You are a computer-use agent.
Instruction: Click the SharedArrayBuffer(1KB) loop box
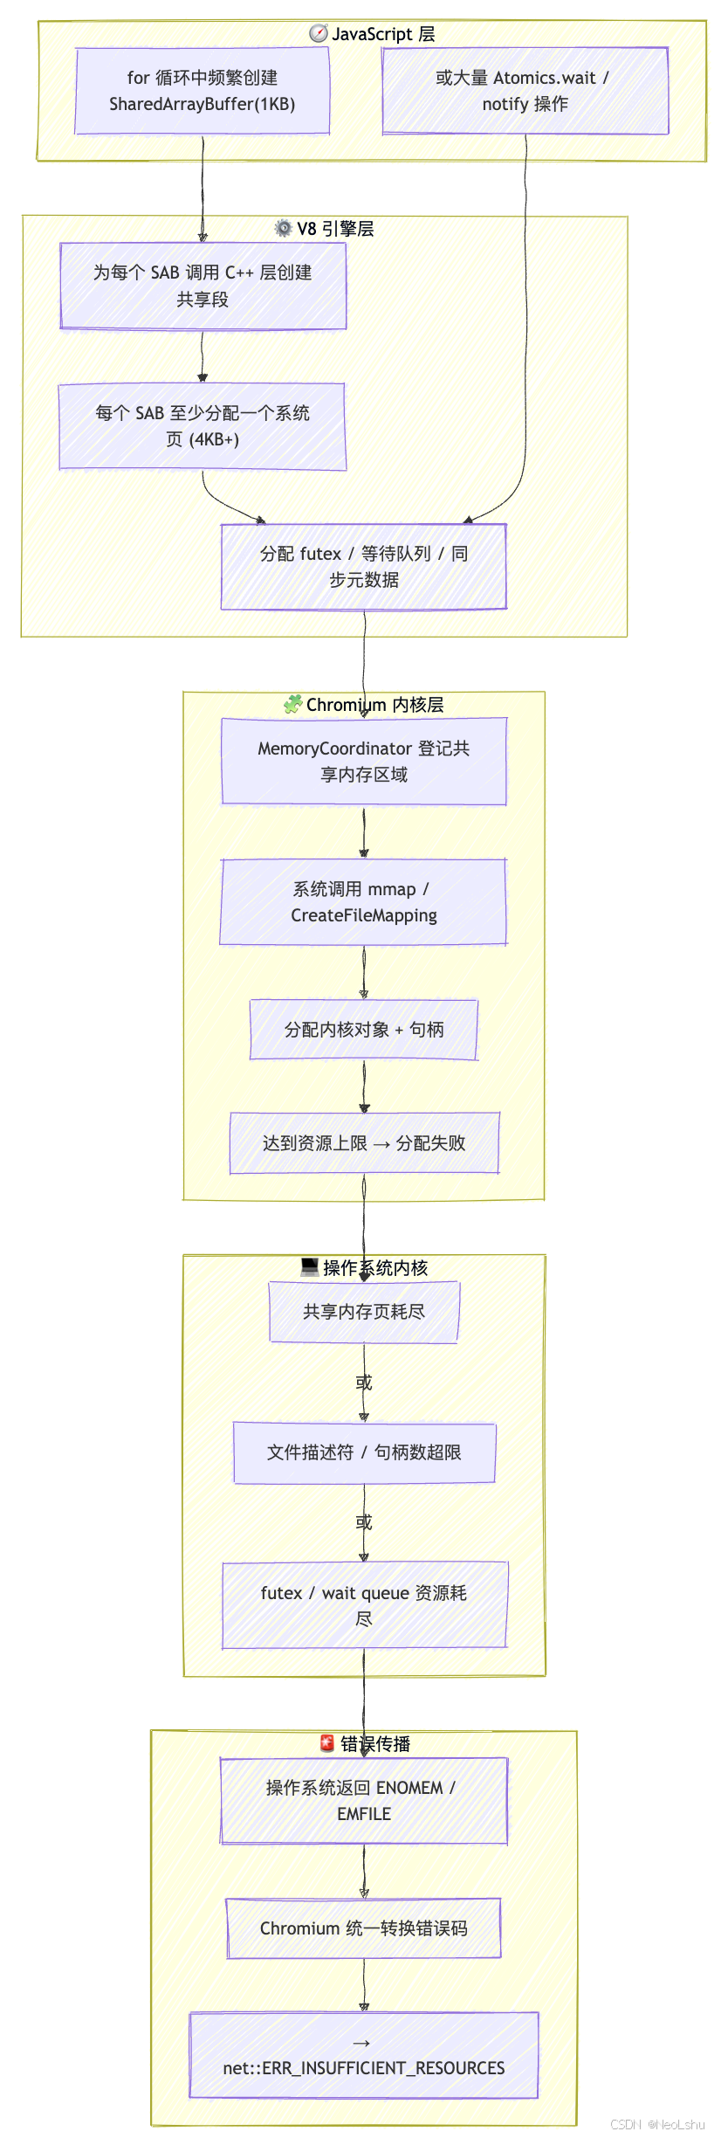point(203,91)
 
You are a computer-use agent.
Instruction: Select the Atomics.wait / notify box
point(525,91)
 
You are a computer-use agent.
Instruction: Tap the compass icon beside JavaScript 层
point(319,34)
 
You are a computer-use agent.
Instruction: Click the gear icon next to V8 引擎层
point(284,228)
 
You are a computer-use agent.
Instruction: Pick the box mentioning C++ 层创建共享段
point(203,286)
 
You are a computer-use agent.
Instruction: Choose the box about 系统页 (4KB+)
point(203,426)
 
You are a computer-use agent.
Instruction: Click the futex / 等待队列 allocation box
point(364,567)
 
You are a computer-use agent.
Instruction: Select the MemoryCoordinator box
point(364,761)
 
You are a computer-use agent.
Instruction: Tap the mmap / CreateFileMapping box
point(364,902)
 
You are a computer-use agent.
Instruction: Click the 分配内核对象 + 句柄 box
point(364,1030)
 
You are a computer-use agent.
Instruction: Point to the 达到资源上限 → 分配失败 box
point(364,1143)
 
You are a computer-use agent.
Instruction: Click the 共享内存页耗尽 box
point(364,1312)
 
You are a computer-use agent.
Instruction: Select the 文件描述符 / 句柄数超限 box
point(364,1452)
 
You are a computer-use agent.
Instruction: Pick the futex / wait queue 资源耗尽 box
point(364,1605)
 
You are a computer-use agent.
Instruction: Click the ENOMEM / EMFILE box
point(364,1801)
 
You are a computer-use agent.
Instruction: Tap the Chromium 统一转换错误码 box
point(364,1928)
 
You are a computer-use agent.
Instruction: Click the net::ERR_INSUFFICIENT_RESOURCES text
point(364,2068)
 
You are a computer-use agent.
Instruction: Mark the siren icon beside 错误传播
point(327,1743)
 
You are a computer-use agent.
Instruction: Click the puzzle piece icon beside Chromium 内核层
point(293,704)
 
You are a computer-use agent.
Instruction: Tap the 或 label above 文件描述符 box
point(364,1383)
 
